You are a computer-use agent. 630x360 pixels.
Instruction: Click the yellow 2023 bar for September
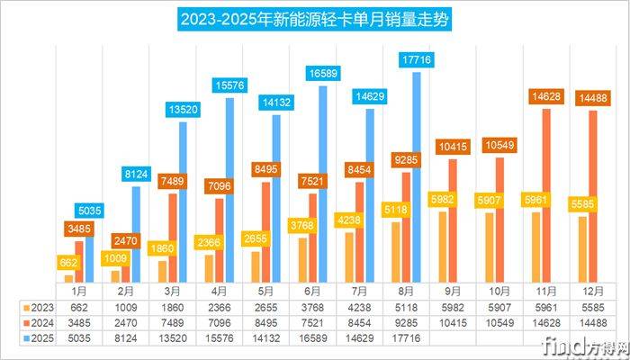(x=442, y=247)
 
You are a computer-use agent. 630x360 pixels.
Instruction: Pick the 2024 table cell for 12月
(x=594, y=321)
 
